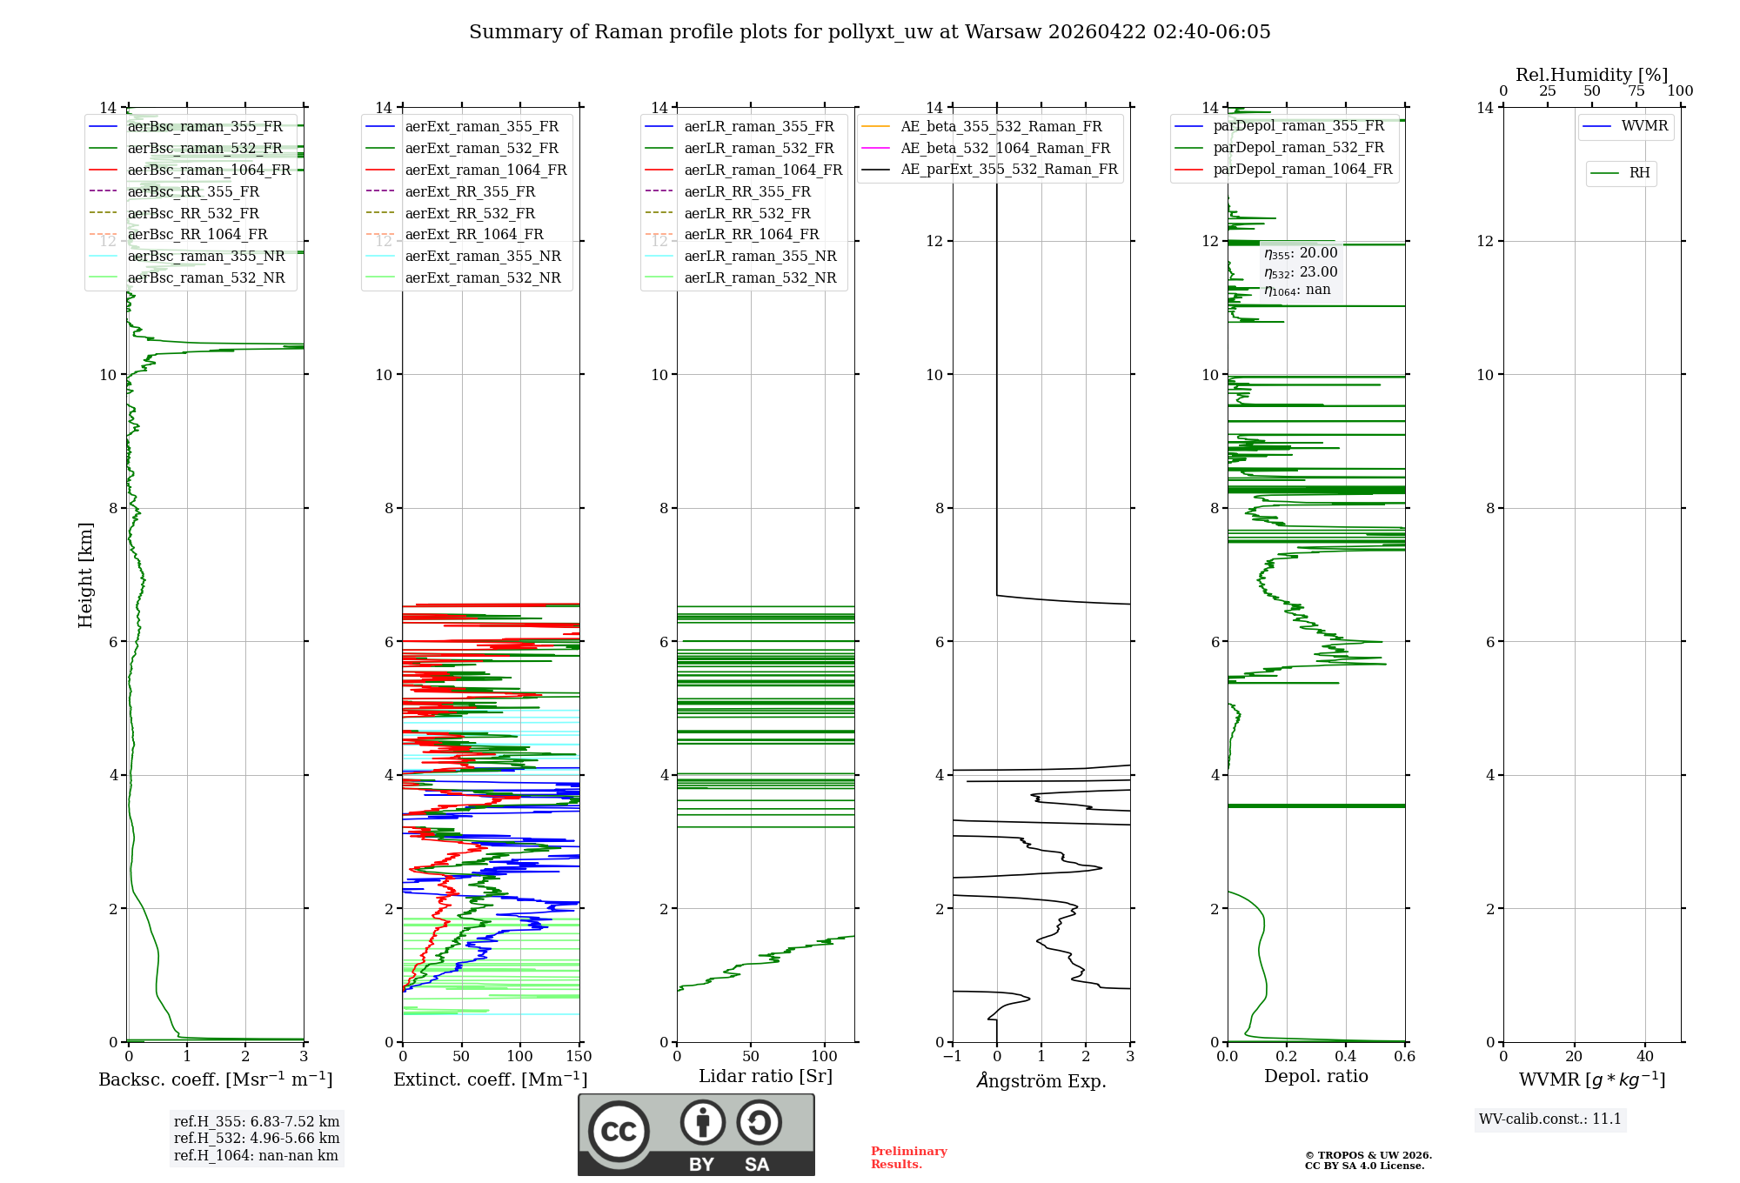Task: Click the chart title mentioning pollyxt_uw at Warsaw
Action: pos(869,32)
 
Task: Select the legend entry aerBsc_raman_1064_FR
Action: pos(209,170)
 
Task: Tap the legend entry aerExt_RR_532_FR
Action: pos(470,213)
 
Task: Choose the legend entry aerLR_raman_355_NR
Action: pos(760,256)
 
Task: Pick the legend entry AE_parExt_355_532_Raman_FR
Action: pos(1008,169)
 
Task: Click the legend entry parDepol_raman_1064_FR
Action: pos(1302,169)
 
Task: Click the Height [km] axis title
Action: pos(85,575)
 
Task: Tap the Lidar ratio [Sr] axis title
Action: pos(766,1076)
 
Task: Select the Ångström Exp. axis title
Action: pos(1041,1080)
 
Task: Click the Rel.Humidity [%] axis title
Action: pos(1591,75)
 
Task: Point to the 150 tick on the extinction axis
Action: pos(579,1057)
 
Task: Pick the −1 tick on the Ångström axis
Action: pos(952,1057)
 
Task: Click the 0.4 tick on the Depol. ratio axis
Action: pos(1345,1057)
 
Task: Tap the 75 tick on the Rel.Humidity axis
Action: pos(1636,91)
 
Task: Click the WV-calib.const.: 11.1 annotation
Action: pos(1550,1119)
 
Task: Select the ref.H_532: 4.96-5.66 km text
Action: pos(257,1138)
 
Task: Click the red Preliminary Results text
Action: pos(908,1157)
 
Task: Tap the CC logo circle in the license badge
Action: pos(619,1132)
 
